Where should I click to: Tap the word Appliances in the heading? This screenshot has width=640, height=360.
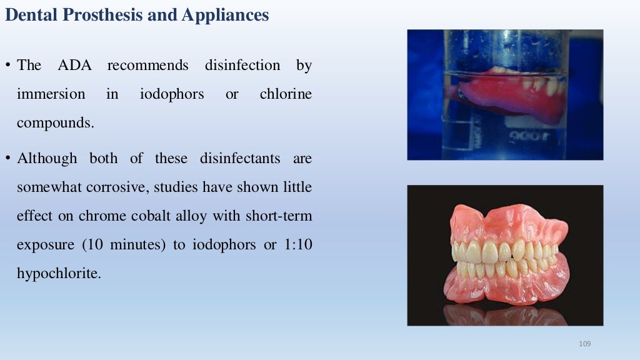(225, 15)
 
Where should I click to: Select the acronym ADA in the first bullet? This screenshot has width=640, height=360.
(74, 65)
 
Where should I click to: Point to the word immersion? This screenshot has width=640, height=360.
(51, 94)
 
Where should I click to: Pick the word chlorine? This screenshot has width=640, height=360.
(286, 94)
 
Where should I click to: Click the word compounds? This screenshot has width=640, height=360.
(55, 123)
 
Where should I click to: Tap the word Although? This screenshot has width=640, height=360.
(47, 158)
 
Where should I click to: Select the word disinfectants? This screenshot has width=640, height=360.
(241, 158)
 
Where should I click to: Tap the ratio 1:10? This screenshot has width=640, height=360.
(297, 244)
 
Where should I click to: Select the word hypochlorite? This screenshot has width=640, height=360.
(58, 273)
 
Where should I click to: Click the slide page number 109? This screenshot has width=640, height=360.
(585, 344)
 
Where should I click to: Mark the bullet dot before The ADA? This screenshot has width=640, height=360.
(9, 65)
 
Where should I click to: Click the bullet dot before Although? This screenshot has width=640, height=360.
(9, 158)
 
